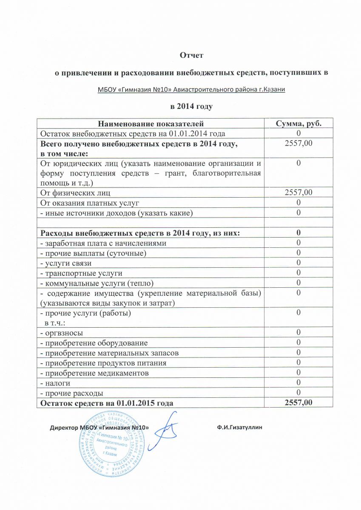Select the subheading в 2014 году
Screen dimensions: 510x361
click(x=191, y=106)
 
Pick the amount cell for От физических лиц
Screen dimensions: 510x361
click(x=298, y=193)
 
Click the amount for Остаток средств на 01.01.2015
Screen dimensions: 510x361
click(x=298, y=402)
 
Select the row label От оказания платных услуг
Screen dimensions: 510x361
click(x=90, y=203)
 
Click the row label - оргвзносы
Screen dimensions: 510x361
click(x=62, y=332)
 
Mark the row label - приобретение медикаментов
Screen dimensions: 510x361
click(x=94, y=373)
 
